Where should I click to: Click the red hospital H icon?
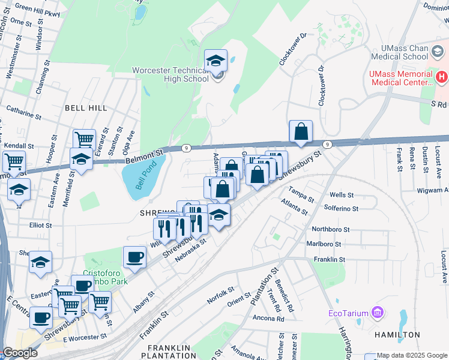442,76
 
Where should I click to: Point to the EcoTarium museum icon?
377,313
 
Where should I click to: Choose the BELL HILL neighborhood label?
86,108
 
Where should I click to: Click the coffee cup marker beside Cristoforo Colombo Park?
134,258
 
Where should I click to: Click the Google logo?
20,353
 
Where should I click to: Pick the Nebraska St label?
191,246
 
